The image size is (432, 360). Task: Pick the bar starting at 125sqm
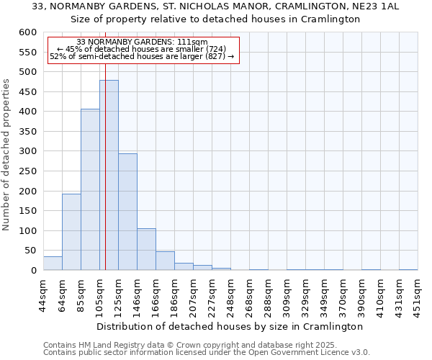click(127, 212)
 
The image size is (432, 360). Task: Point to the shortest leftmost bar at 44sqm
click(53, 264)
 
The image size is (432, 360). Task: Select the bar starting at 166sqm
click(165, 261)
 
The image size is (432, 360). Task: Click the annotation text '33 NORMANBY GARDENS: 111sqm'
click(142, 42)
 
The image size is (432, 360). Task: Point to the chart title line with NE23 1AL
click(216, 6)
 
